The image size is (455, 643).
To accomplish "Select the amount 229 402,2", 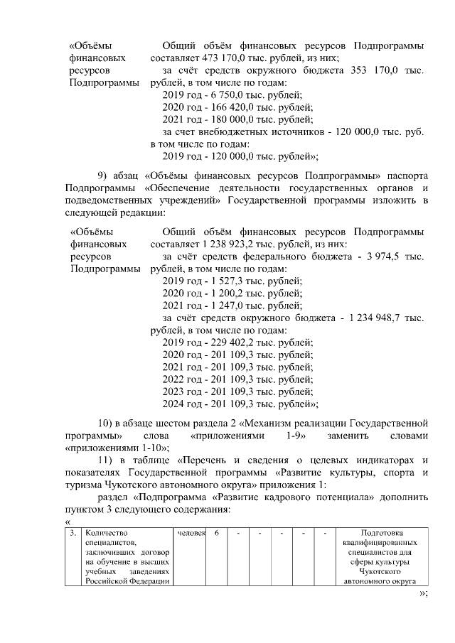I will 226,342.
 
